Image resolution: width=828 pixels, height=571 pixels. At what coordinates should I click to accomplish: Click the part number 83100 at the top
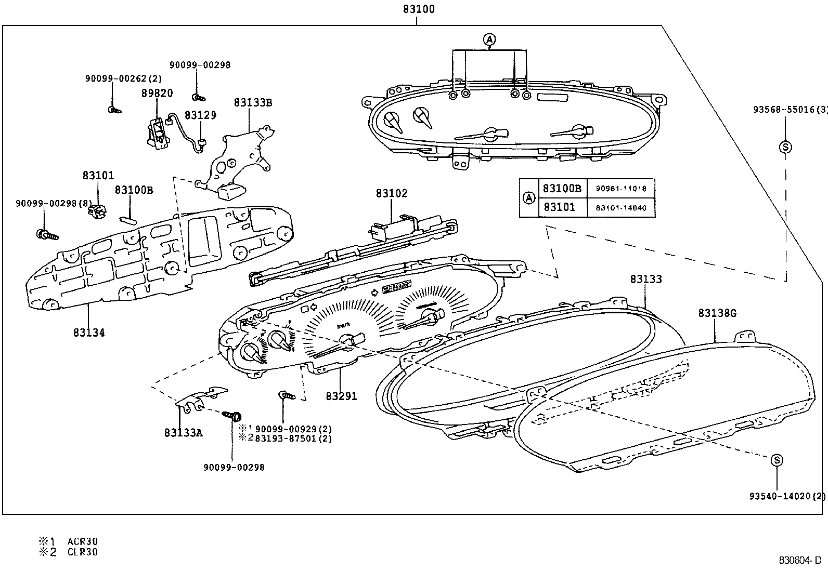pyautogui.click(x=418, y=9)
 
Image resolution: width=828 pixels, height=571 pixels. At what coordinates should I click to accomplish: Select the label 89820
pyautogui.click(x=157, y=94)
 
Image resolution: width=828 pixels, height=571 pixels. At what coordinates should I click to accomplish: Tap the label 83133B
pyautogui.click(x=253, y=102)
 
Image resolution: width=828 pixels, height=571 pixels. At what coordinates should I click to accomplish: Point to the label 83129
pyautogui.click(x=200, y=115)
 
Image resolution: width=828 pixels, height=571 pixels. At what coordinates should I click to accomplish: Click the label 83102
pyautogui.click(x=392, y=193)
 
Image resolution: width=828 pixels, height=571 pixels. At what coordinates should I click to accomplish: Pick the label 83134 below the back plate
pyautogui.click(x=88, y=333)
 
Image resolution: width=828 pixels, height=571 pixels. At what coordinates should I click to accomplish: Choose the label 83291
pyautogui.click(x=341, y=396)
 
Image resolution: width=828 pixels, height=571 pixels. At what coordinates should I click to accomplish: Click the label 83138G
pyautogui.click(x=717, y=313)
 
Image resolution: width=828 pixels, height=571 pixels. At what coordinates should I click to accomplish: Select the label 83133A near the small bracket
pyautogui.click(x=183, y=432)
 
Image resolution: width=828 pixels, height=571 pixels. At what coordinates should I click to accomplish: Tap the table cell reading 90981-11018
pyautogui.click(x=621, y=189)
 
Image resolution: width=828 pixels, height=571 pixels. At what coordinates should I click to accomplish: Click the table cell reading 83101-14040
pyautogui.click(x=621, y=208)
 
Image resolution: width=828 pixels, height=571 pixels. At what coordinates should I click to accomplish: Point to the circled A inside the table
pyautogui.click(x=528, y=198)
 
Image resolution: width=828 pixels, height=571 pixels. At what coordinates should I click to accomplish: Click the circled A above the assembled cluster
pyautogui.click(x=489, y=39)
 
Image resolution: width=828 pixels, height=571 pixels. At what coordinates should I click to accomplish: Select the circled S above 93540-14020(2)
pyautogui.click(x=777, y=460)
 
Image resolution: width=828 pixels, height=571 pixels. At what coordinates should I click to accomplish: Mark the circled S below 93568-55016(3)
pyautogui.click(x=785, y=147)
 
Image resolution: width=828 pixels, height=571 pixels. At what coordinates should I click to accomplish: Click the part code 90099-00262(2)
pyautogui.click(x=123, y=78)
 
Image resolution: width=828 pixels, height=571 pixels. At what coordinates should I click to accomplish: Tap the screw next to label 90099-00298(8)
pyautogui.click(x=46, y=235)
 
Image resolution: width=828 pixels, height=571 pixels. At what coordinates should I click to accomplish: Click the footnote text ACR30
pyautogui.click(x=82, y=541)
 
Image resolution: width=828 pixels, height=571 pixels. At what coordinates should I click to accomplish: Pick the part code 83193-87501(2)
pyautogui.click(x=293, y=438)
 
